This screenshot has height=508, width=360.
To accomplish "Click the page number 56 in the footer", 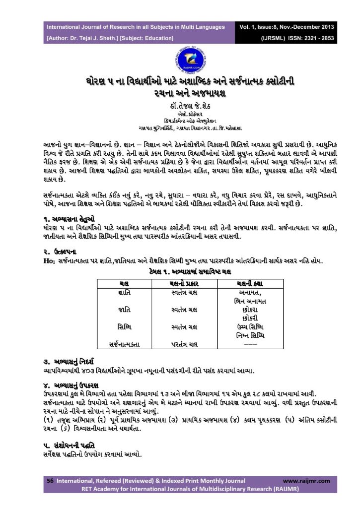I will coord(50,481).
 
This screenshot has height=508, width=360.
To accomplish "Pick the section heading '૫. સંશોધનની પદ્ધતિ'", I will coord(69,444).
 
